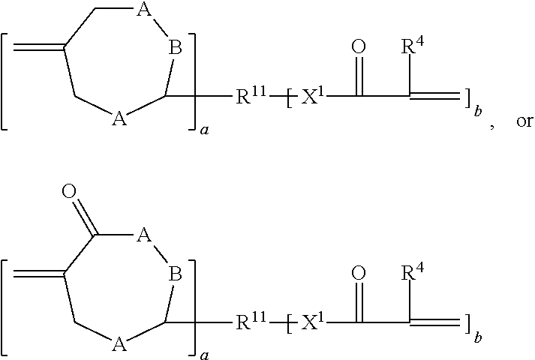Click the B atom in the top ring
(x=175, y=48)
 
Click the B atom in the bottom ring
(x=175, y=274)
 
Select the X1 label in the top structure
(x=312, y=97)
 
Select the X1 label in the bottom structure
(x=312, y=322)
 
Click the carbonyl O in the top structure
(x=359, y=46)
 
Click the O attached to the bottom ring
(x=69, y=191)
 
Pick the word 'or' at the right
(x=524, y=121)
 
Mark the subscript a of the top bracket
(x=204, y=130)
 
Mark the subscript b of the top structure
(x=478, y=111)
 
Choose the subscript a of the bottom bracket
(x=204, y=356)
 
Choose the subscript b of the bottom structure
(x=478, y=337)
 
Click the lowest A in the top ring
(x=119, y=119)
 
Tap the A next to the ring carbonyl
(x=143, y=235)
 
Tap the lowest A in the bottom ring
(x=119, y=345)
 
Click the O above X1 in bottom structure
(x=359, y=273)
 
